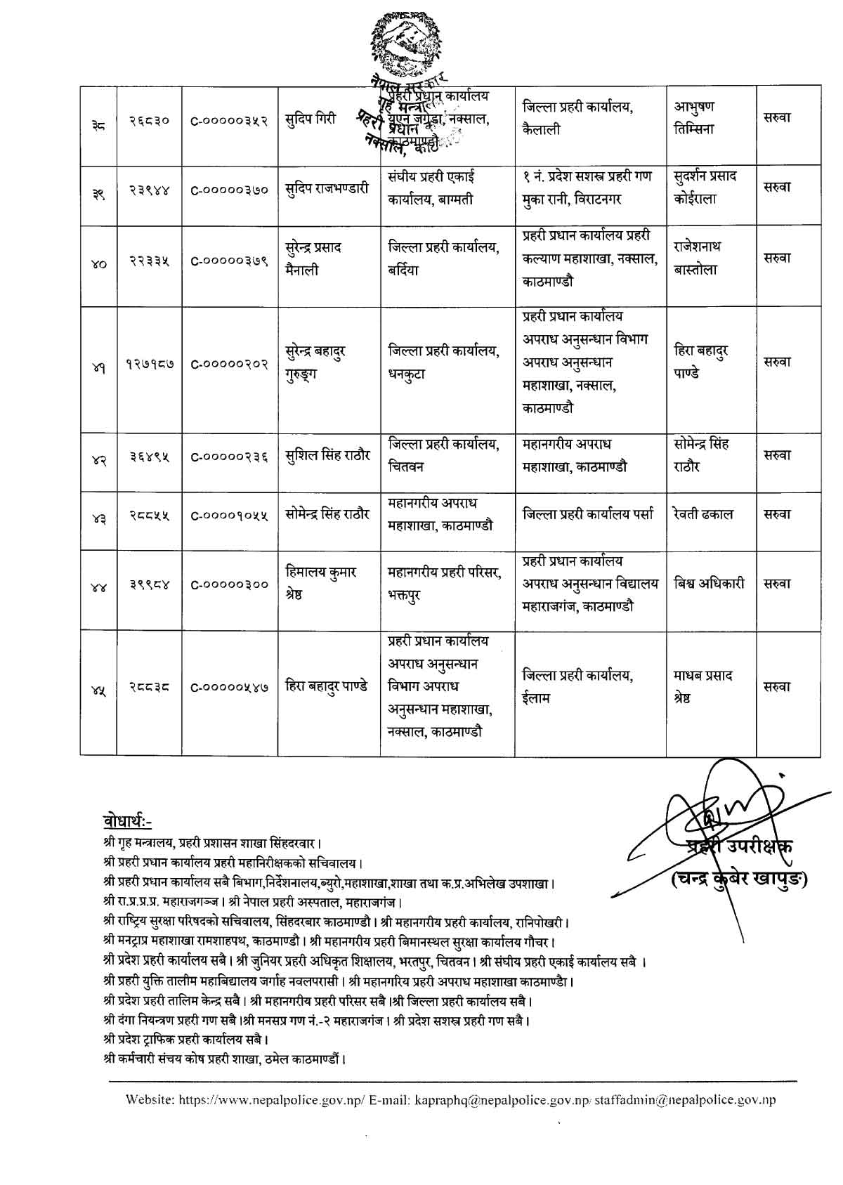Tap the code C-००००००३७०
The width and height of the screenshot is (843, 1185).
pos(230,189)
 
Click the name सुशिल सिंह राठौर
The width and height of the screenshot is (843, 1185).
pos(328,455)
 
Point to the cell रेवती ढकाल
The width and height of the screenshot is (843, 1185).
pos(703,514)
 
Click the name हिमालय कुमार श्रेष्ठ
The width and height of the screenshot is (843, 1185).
pos(321,583)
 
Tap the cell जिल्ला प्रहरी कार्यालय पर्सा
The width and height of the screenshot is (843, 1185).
pos(588,514)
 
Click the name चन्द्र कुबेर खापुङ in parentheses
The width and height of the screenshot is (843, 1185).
pos(738,879)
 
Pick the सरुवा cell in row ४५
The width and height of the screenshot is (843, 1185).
pos(778,687)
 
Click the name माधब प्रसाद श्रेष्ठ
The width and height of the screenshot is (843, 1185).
pos(703,686)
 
